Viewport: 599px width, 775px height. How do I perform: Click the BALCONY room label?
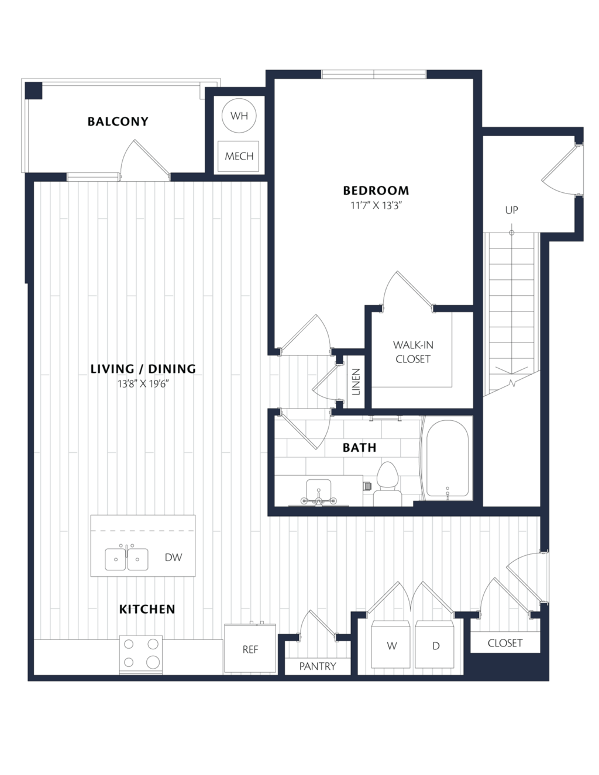tap(118, 122)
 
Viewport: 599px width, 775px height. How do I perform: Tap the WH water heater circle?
tap(239, 116)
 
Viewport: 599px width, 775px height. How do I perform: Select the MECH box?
tap(238, 156)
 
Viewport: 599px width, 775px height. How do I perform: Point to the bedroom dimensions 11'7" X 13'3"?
tap(376, 206)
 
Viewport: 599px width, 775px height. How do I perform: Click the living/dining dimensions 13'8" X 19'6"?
tap(143, 384)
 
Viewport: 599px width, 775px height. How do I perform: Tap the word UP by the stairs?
tap(511, 210)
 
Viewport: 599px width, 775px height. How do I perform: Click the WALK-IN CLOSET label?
tap(412, 352)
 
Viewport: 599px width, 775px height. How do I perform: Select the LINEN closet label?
tap(356, 382)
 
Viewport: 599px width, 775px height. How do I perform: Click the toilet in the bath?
tap(388, 483)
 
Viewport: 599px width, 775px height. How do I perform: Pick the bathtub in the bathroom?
tap(447, 458)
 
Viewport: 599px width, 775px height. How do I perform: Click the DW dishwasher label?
tap(174, 557)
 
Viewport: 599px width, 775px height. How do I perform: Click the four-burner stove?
tap(140, 655)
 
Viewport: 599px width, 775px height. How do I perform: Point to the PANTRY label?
tap(318, 666)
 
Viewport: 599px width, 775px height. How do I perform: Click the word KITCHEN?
tap(147, 609)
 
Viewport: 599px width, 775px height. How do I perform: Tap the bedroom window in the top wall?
tap(374, 74)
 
